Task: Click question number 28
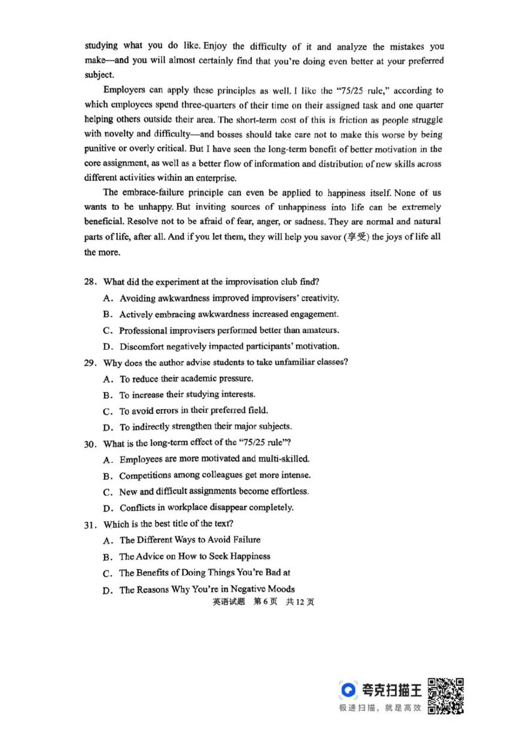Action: [x=90, y=282]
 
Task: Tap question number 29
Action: [x=90, y=363]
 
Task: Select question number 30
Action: [x=90, y=443]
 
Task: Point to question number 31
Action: [x=90, y=525]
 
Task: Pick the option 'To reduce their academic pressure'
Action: [x=186, y=379]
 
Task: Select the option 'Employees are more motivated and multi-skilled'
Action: [x=214, y=460]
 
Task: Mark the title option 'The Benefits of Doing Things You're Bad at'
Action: [x=204, y=572]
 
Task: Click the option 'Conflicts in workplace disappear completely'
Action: [x=206, y=508]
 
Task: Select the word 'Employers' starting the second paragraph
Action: [x=125, y=90]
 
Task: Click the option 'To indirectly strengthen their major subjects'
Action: [x=206, y=427]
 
